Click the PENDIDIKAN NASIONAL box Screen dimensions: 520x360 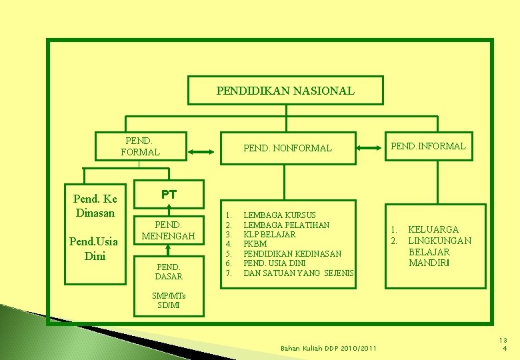(285, 91)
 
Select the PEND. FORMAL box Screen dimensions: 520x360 (140, 147)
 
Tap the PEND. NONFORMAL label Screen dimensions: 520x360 (287, 148)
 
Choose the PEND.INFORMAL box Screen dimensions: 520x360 (428, 146)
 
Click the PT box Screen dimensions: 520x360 (169, 195)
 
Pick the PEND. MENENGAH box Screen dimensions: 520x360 (169, 231)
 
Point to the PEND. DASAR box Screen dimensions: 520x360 (168, 271)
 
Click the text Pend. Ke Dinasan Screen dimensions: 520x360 (95, 206)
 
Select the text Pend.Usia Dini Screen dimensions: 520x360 (95, 247)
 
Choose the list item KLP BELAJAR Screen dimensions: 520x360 (269, 235)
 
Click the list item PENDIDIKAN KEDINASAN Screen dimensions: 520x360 (292, 254)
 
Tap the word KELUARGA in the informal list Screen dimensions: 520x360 (433, 229)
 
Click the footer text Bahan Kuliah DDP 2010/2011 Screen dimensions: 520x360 (328, 348)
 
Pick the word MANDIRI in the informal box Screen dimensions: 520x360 (429, 263)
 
